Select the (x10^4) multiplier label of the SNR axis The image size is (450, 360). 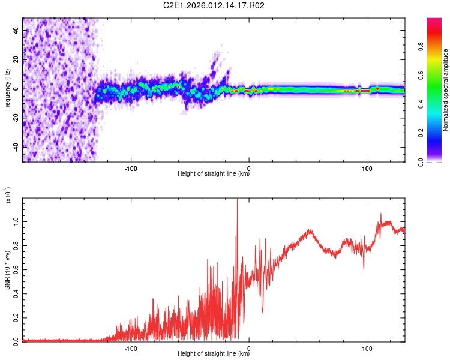click(8, 196)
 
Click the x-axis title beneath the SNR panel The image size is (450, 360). click(214, 355)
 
